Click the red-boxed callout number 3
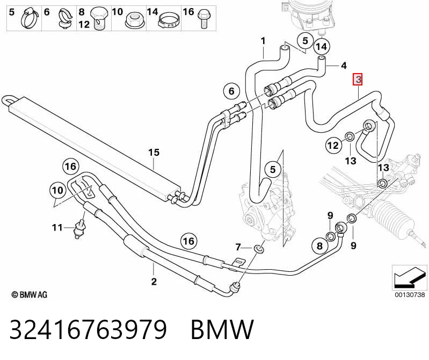(358, 80)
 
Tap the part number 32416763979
(88, 329)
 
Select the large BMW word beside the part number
(222, 329)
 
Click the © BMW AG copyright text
(30, 294)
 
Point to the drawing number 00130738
(410, 294)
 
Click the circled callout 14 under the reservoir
(322, 47)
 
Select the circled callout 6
(231, 91)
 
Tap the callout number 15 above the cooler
(154, 153)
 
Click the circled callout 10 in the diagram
(57, 190)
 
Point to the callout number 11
(57, 227)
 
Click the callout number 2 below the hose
(154, 281)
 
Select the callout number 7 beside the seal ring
(238, 248)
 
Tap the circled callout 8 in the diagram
(320, 246)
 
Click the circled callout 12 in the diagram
(333, 145)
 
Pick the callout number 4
(344, 66)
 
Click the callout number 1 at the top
(263, 41)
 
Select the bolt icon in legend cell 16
(203, 19)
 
